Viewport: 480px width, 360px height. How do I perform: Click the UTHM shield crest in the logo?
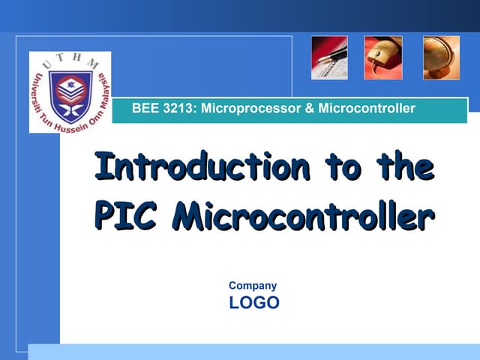pos(70,96)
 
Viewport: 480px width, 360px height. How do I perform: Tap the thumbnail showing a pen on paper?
pos(329,58)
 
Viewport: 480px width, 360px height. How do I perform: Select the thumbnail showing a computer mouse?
pos(384,58)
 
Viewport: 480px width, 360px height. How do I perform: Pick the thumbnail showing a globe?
pos(441,58)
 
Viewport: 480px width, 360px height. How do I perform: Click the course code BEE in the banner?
pos(144,109)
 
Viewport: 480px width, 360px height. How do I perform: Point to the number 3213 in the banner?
pos(177,109)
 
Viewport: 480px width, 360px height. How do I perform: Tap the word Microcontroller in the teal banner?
pos(366,109)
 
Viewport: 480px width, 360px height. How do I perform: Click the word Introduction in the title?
pos(202,166)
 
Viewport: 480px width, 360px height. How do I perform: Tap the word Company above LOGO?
pos(253,286)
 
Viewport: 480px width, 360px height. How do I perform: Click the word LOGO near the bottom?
pos(254,303)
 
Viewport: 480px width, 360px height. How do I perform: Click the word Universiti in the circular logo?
pos(37,97)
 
